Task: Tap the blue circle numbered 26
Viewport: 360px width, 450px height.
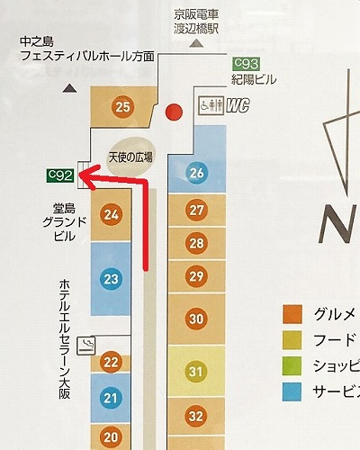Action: pyautogui.click(x=197, y=172)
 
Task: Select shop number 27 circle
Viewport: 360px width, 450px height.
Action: pyautogui.click(x=197, y=210)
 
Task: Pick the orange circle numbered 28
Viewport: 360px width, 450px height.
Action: pyautogui.click(x=197, y=243)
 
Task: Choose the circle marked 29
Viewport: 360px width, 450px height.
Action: pyautogui.click(x=197, y=275)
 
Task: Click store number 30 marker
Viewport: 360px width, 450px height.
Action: pyautogui.click(x=197, y=318)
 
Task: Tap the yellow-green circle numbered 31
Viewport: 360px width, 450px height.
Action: pyautogui.click(x=197, y=370)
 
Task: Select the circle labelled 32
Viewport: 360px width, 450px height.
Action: pyautogui.click(x=197, y=415)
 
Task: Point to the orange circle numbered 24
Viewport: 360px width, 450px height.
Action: pyautogui.click(x=112, y=214)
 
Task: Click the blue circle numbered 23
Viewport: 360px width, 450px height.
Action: pyautogui.click(x=112, y=279)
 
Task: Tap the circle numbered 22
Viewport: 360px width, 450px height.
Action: pyautogui.click(x=112, y=363)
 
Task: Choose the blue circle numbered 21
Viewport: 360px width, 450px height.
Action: pyautogui.click(x=112, y=398)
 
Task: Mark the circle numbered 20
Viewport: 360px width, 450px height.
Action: pyautogui.click(x=112, y=437)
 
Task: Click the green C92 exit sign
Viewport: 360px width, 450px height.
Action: pyautogui.click(x=60, y=173)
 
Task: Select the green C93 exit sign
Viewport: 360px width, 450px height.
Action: pyautogui.click(x=246, y=62)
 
